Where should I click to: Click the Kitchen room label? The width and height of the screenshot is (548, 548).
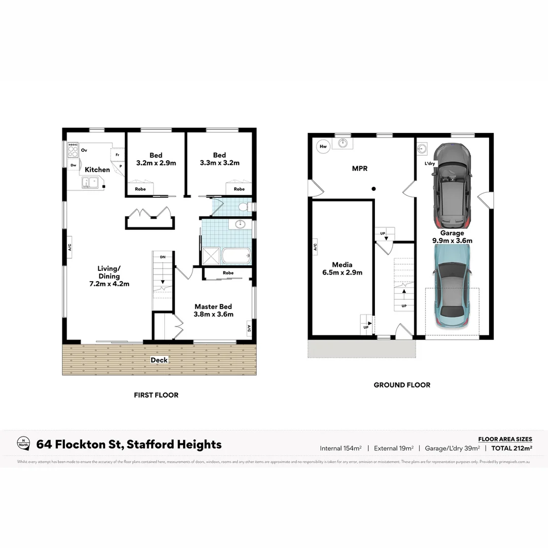[x=97, y=169]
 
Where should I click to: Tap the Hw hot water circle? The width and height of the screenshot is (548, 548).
[x=323, y=147]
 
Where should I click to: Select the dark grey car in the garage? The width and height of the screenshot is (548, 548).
[x=452, y=185]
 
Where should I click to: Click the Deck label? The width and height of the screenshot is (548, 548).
[x=159, y=360]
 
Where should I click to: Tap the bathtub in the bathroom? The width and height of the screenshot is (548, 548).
[x=236, y=255]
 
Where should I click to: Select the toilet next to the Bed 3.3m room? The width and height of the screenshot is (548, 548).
[x=243, y=207]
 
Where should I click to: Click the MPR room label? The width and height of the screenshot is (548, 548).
[x=360, y=168]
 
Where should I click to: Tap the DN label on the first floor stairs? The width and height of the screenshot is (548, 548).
[x=163, y=257]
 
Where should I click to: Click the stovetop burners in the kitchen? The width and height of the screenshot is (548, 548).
[x=73, y=150]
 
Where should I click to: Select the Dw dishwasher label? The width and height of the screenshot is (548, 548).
[x=74, y=165]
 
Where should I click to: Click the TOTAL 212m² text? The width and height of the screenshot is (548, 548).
[x=511, y=448]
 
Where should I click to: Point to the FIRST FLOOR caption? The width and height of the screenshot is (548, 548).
[x=156, y=395]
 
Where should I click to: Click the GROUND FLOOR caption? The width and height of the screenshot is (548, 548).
[x=402, y=385]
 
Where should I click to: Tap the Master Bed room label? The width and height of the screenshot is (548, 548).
[x=213, y=306]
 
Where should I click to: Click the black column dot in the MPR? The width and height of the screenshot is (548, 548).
[x=373, y=189]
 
